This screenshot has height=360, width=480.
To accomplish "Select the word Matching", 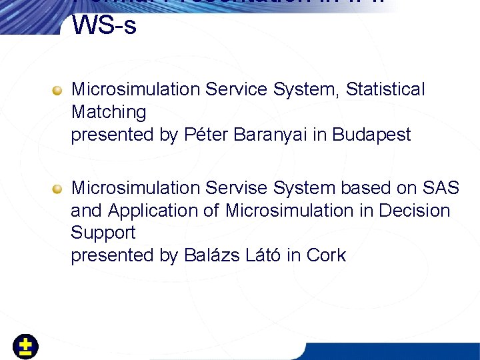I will click(109, 112).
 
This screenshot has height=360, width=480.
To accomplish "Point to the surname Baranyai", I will click(257, 135).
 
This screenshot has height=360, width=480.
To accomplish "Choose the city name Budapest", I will click(371, 135).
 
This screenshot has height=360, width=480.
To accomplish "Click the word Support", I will click(103, 233).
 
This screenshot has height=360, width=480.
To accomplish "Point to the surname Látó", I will click(262, 255).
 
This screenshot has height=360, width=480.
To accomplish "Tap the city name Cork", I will click(326, 255).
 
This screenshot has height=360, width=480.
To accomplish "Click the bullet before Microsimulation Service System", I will click(58, 90).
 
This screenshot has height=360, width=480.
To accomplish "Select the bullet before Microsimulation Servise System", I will click(58, 189).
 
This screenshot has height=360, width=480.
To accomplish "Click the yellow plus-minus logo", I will click(26, 347).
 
